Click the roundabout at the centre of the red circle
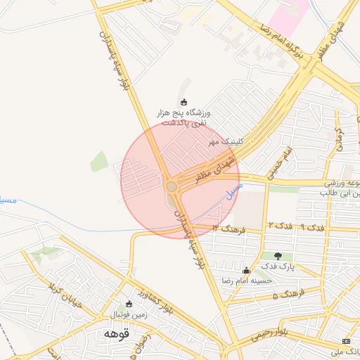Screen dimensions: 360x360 [172, 186]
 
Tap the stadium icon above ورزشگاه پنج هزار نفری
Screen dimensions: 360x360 [184, 102]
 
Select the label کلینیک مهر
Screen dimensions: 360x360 [226, 141]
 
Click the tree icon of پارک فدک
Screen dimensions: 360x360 [279, 256]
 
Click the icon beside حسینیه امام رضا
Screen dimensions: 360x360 [245, 271]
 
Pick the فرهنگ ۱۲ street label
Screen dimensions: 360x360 [228, 229]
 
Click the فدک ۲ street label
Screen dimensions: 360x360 [280, 225]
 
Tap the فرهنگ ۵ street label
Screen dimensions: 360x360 [288, 293]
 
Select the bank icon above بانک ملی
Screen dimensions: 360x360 [345, 341]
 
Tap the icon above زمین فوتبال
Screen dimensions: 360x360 [128, 304]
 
